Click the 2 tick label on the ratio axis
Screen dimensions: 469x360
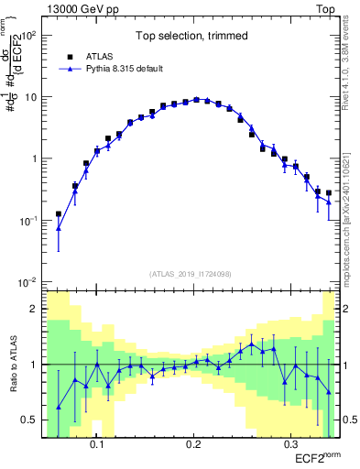35,309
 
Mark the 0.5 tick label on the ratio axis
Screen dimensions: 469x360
30,420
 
